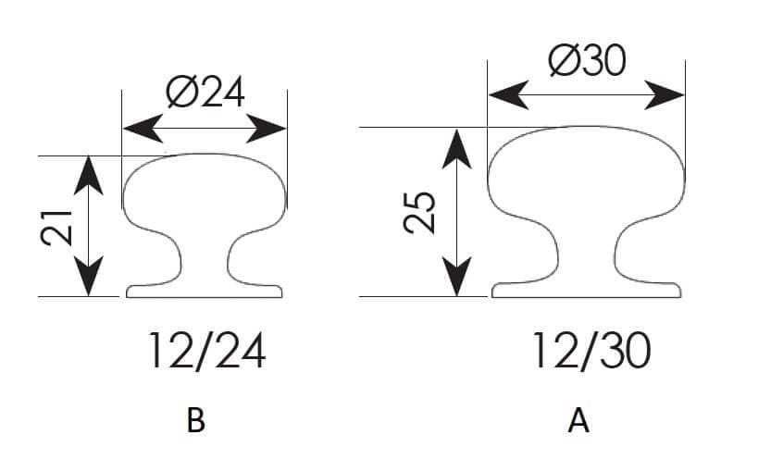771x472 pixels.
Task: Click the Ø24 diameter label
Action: (205, 92)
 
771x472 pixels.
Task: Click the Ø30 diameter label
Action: (587, 60)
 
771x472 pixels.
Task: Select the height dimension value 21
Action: (56, 228)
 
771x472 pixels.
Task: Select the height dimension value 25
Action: (419, 213)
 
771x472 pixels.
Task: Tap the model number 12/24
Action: (207, 351)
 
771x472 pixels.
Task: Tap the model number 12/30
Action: (591, 350)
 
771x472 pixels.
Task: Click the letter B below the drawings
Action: (195, 420)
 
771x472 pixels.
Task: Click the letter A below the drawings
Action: (578, 421)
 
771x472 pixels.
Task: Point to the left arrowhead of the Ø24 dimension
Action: (143, 129)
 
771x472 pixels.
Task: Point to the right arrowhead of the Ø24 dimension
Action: (266, 129)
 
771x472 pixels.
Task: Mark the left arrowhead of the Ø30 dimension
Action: (509, 94)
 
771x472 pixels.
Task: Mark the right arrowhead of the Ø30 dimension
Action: (664, 94)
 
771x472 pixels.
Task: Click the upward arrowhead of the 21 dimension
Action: (89, 176)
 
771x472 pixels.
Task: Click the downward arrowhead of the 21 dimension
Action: (89, 277)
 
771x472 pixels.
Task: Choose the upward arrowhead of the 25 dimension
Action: (457, 149)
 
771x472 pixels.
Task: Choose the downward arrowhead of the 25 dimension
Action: (457, 277)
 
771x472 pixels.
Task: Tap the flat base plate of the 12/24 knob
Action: (204, 291)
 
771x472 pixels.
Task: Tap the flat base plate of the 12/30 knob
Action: (587, 290)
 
